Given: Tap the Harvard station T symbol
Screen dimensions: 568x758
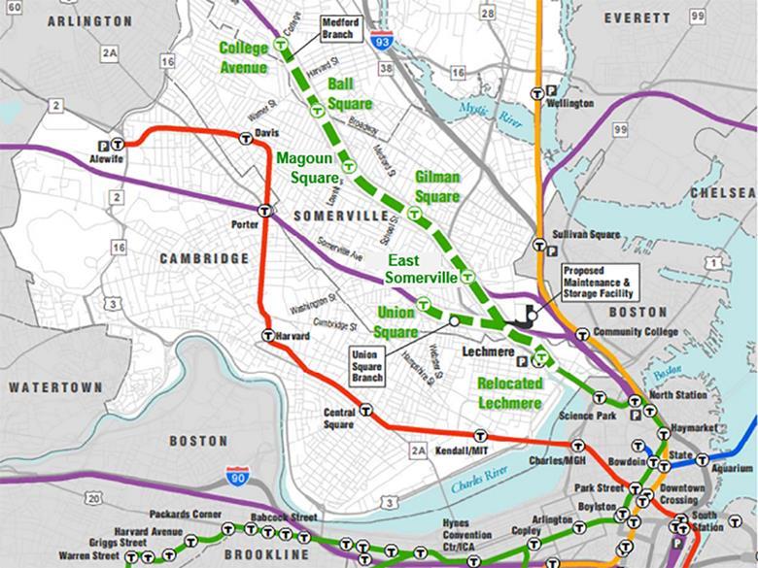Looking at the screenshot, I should coord(268,336).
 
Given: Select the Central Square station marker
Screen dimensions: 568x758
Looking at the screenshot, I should coord(365,410).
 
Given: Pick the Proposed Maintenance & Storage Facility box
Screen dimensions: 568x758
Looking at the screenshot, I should coord(597,281).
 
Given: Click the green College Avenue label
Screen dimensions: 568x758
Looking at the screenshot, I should coord(244,56).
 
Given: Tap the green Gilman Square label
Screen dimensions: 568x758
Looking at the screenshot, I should coord(436,186).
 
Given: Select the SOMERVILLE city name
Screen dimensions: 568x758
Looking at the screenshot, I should coord(335,215).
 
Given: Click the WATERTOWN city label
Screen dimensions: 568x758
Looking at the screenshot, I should coord(55,386).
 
